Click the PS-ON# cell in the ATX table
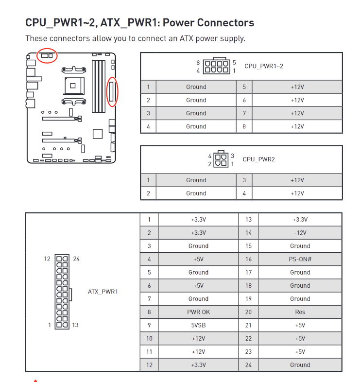pos(300,259)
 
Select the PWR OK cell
pos(198,312)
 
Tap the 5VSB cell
pos(198,325)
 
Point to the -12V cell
pos(300,233)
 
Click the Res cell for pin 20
pos(300,312)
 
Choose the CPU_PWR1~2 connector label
pos(263,66)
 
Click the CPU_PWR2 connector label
pos(258,159)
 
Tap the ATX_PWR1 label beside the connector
pos(103,292)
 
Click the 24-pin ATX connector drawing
pos(62,292)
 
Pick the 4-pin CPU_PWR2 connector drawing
pos(221,159)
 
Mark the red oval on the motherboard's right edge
pos(113,91)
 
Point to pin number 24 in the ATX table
pos(248,365)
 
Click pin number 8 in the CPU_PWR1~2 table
pos(244,126)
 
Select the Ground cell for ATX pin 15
pos(300,246)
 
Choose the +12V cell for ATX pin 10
pos(198,338)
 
